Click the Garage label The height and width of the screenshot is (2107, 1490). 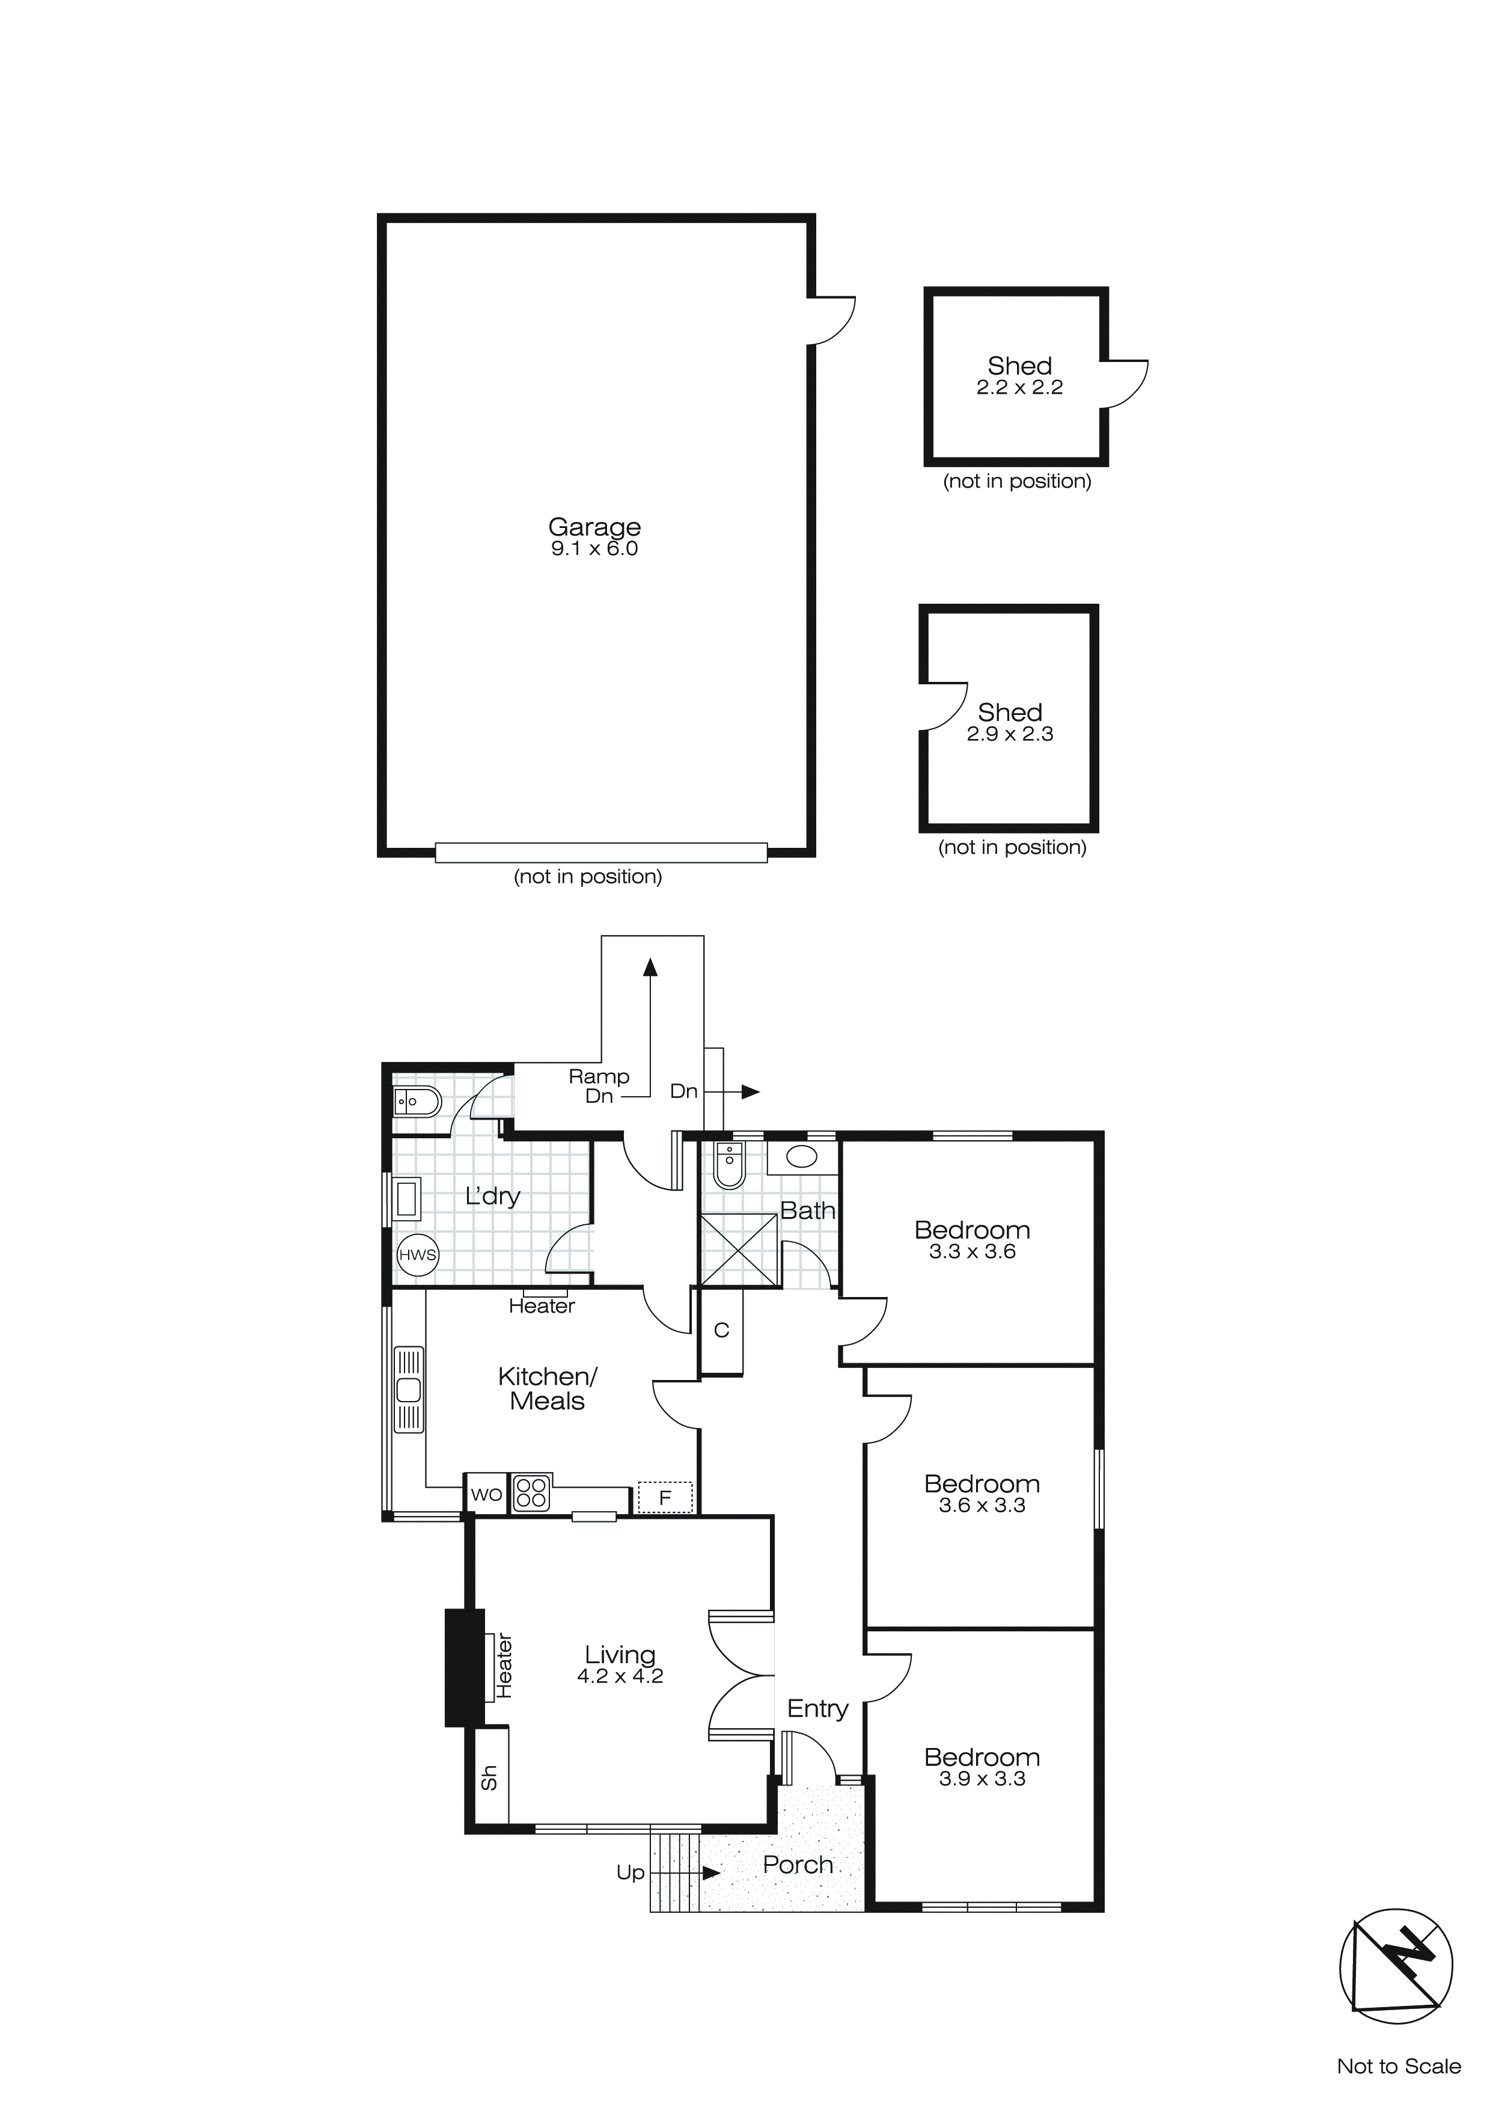pyautogui.click(x=594, y=527)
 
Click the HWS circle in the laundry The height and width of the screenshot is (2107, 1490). pyautogui.click(x=418, y=1254)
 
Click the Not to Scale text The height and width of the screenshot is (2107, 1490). pyautogui.click(x=1398, y=2066)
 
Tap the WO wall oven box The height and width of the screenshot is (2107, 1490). pyautogui.click(x=486, y=1494)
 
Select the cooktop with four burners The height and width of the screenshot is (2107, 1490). pyautogui.click(x=531, y=1492)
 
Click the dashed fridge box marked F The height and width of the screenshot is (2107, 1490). pyautogui.click(x=665, y=1498)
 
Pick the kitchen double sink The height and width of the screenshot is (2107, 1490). pyautogui.click(x=408, y=1390)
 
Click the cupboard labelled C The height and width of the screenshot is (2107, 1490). pyautogui.click(x=721, y=1331)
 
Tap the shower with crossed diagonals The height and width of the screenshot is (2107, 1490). pyautogui.click(x=739, y=1250)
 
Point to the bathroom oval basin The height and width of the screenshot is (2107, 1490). pyautogui.click(x=802, y=1157)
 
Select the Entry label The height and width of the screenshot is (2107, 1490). pyautogui.click(x=817, y=1709)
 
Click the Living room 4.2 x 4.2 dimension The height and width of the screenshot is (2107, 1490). pyautogui.click(x=620, y=1676)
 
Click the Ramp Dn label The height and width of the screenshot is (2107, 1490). pyautogui.click(x=598, y=1085)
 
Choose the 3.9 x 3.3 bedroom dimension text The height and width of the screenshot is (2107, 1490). pyautogui.click(x=982, y=1779)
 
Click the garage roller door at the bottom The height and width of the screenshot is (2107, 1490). pyautogui.click(x=601, y=853)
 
